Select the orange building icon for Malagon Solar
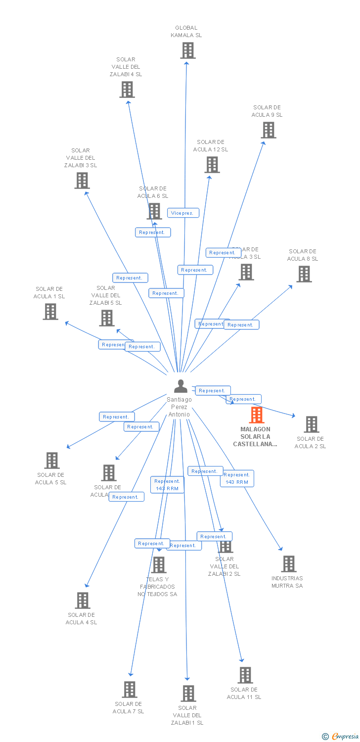[256, 415]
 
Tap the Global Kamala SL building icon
[187, 50]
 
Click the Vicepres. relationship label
[183, 213]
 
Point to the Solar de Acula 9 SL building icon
[269, 130]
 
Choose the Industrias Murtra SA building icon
[289, 564]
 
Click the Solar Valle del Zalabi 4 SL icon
[127, 90]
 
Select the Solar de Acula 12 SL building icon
[212, 165]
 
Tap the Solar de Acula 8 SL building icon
[304, 274]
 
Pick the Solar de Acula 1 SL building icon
[50, 312]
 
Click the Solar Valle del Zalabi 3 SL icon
[82, 181]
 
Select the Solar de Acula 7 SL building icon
[130, 690]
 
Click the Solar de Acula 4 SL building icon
[83, 601]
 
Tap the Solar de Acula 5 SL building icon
[52, 461]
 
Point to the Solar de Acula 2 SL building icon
[311, 424]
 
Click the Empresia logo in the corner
[341, 737]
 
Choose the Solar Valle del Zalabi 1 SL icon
[188, 694]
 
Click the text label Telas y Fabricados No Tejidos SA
[157, 587]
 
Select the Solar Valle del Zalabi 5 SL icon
[107, 318]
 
